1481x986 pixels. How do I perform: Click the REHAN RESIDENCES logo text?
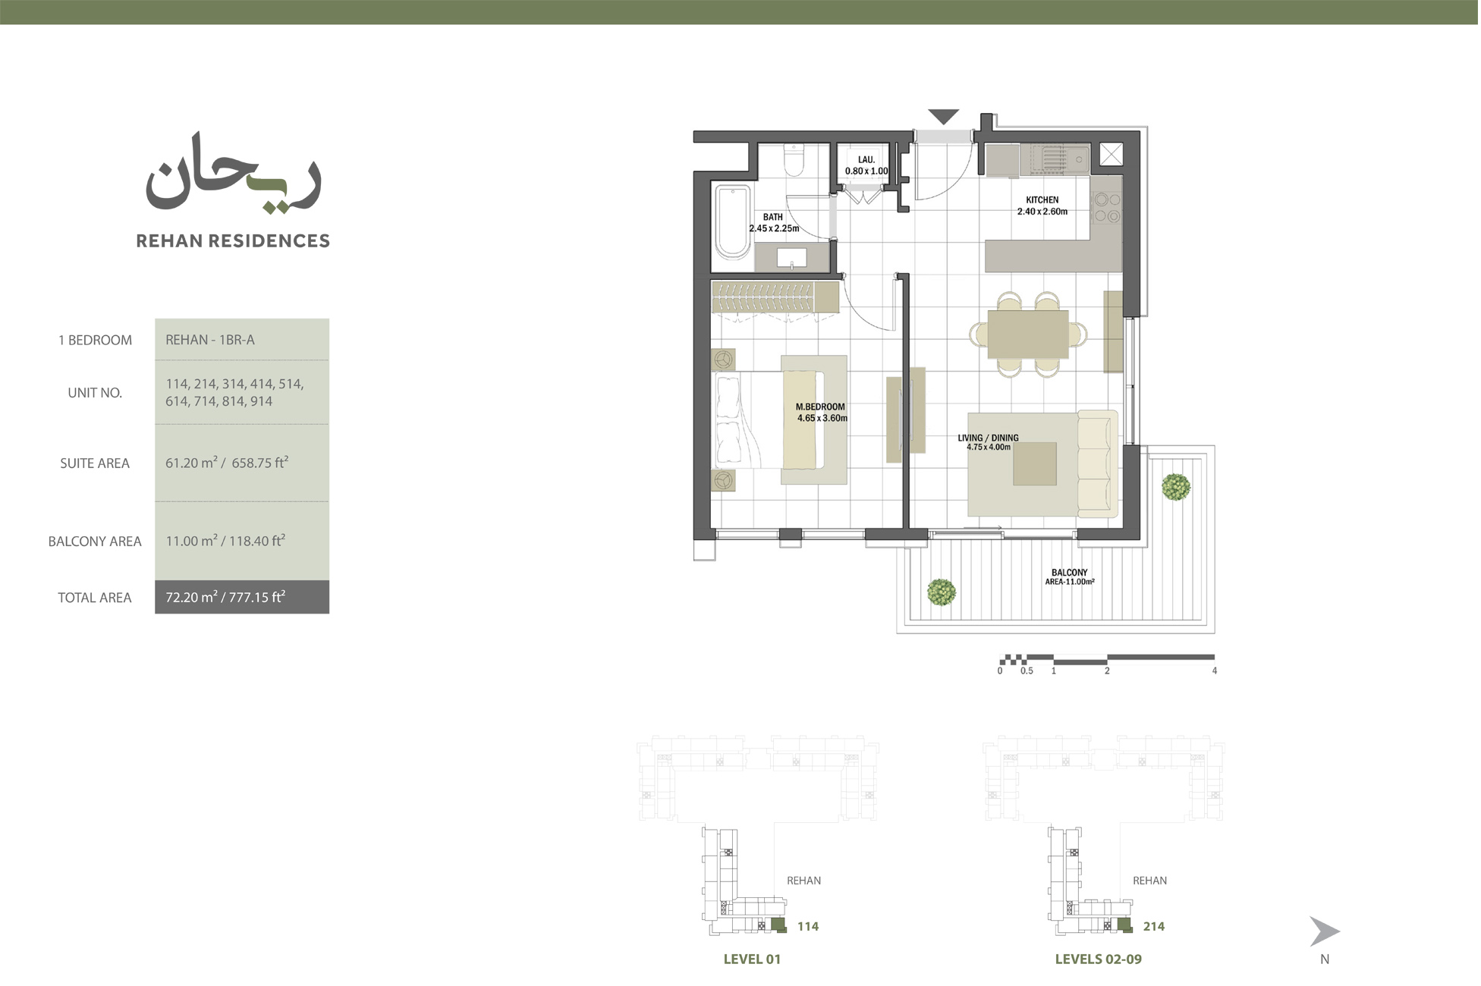click(233, 241)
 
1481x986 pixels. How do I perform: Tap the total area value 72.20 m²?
click(225, 598)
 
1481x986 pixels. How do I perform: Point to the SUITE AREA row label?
click(95, 463)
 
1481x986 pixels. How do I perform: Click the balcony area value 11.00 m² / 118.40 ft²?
click(225, 541)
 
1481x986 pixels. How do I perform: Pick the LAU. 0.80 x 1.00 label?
click(866, 165)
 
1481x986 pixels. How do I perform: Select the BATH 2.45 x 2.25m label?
click(774, 222)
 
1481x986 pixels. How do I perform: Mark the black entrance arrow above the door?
click(943, 117)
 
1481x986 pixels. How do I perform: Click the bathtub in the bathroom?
click(733, 221)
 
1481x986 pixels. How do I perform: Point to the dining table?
click(1028, 334)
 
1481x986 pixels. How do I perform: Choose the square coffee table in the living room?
click(1035, 463)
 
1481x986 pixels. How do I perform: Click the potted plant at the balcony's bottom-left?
click(942, 592)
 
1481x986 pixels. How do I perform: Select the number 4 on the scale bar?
click(1215, 671)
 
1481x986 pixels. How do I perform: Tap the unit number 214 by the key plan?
click(1154, 926)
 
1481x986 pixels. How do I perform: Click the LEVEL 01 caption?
click(752, 959)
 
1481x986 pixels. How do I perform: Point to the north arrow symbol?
click(1324, 931)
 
